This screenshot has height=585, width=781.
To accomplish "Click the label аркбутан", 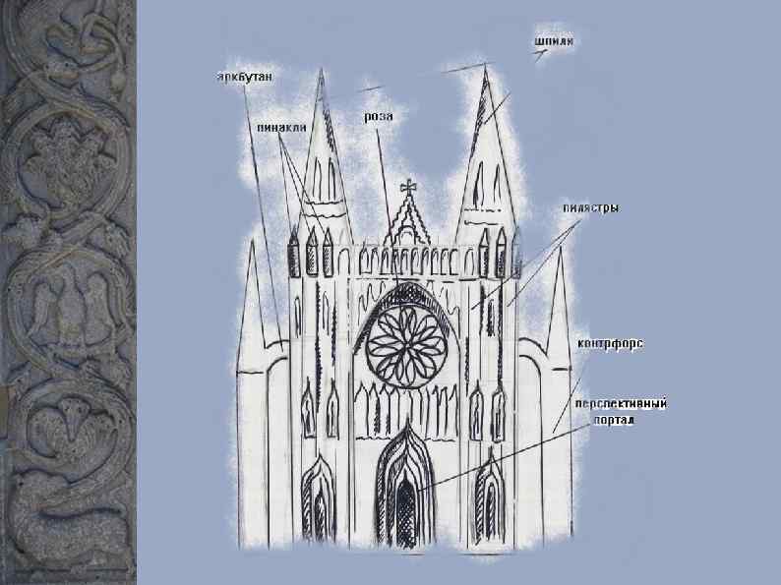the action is tap(245, 76).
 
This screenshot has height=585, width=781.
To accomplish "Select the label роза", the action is tap(379, 116).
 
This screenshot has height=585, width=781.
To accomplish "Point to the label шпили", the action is tap(554, 42).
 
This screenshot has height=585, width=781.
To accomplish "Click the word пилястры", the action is tap(590, 208).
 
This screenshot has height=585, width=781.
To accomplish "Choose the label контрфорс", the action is tap(610, 343).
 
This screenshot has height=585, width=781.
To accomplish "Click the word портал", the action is tap(615, 419).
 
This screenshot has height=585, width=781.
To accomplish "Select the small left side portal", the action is tap(319, 502).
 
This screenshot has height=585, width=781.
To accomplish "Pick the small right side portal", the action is tap(488, 502).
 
